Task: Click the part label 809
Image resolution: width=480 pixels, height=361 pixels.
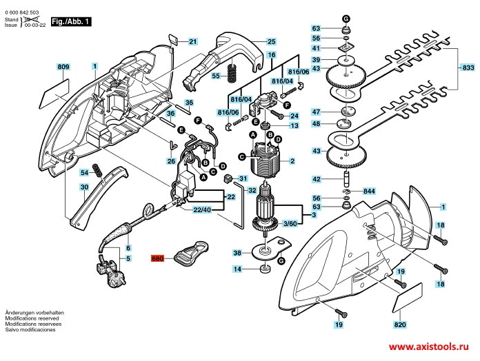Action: (63, 67)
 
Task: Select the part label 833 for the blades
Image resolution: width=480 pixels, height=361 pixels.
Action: (468, 68)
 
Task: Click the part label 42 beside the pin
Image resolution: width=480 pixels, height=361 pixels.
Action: (317, 179)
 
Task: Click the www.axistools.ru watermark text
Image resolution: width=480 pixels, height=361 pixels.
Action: (429, 349)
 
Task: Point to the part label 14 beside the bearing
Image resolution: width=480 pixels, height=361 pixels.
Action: (237, 269)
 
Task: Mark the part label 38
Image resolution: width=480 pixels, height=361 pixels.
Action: (237, 252)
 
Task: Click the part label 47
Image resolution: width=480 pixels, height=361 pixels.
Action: (317, 112)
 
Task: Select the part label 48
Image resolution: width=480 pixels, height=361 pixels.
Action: (317, 124)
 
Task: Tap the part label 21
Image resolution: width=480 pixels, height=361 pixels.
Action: (192, 41)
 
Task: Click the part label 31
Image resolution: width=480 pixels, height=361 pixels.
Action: (243, 179)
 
